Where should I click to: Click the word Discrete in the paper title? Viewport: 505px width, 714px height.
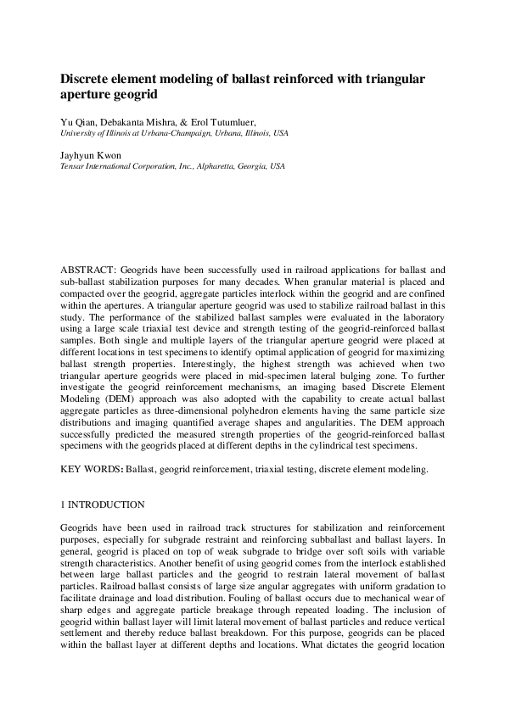[x=88, y=79]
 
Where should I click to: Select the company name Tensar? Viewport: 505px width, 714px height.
[x=73, y=166]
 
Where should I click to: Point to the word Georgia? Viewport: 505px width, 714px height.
[x=250, y=166]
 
